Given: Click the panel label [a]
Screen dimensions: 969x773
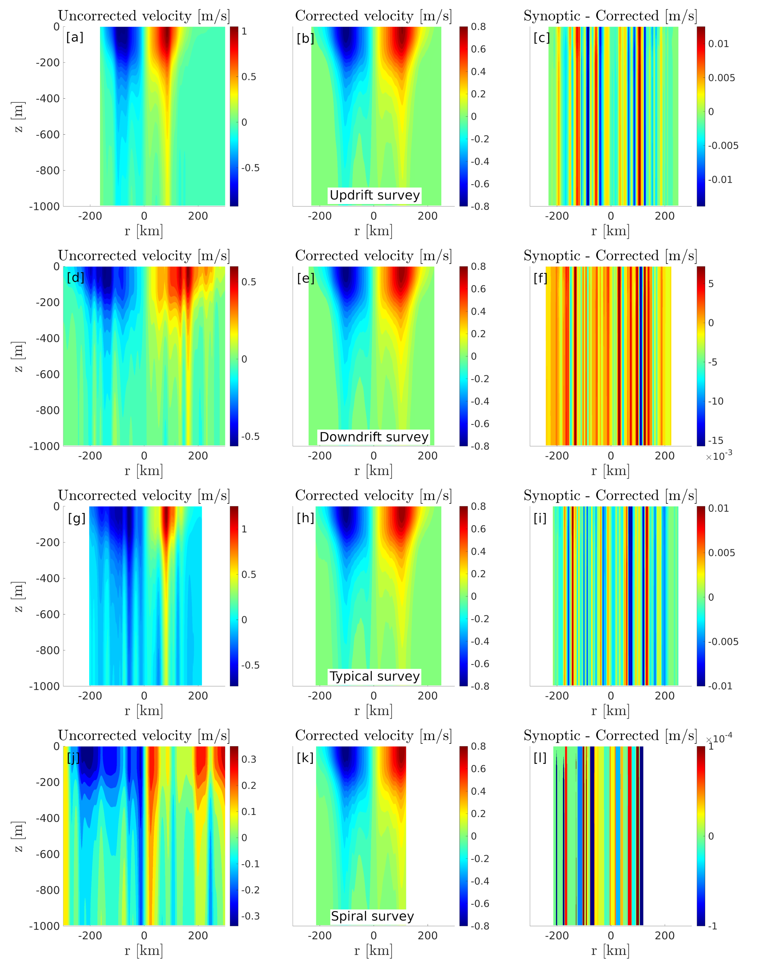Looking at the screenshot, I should point(75,37).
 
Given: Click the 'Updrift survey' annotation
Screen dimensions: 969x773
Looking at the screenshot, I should point(374,195).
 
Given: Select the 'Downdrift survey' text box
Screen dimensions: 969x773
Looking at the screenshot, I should point(374,437).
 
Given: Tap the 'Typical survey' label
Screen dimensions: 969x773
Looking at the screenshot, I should point(374,676).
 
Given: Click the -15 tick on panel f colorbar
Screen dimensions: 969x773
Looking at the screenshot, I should point(717,440).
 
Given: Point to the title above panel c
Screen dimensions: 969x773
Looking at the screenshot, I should point(610,16).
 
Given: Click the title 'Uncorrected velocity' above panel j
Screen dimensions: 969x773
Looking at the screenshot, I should point(144,735).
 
